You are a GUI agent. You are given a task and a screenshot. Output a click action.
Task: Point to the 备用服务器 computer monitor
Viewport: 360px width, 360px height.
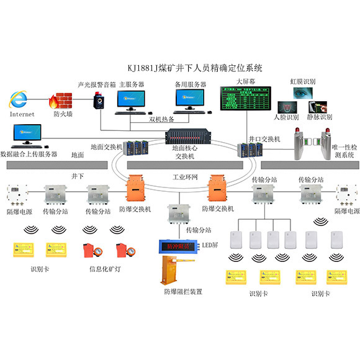tap(192, 98)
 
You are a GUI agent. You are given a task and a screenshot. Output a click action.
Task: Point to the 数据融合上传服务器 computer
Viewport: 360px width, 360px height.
tap(26, 133)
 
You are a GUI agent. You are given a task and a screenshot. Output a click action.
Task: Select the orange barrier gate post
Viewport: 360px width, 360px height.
tap(168, 270)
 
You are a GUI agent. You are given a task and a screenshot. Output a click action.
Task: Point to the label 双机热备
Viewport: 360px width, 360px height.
tap(163, 119)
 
